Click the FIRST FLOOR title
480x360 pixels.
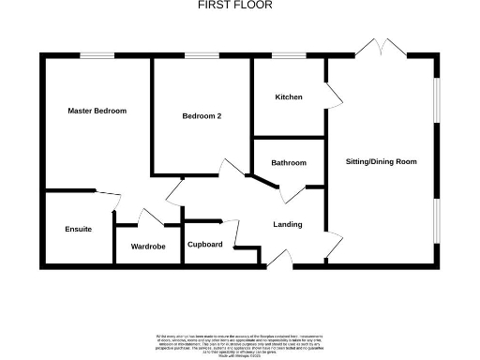coord(235,6)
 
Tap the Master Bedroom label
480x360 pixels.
coord(97,111)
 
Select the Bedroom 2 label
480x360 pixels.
coord(202,116)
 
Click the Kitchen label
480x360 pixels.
coord(288,97)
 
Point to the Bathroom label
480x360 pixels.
coord(289,163)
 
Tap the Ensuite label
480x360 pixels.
coord(78,229)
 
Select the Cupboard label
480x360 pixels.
coord(204,245)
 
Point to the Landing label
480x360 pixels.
coord(287,225)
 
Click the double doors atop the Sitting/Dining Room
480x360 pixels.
coord(382,48)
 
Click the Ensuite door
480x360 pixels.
coord(114,201)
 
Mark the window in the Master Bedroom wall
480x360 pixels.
coord(97,55)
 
